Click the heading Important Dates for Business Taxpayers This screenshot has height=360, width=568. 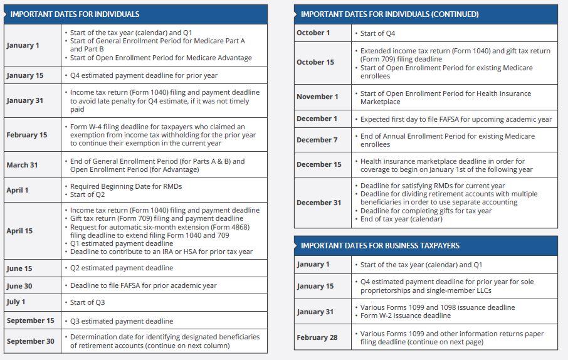click(380, 245)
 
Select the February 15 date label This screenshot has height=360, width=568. click(27, 135)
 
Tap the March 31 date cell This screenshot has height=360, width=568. click(23, 165)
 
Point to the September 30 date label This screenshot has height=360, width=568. click(31, 341)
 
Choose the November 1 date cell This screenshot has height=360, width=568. click(317, 97)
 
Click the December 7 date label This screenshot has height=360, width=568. click(317, 140)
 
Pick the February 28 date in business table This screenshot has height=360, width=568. click(317, 337)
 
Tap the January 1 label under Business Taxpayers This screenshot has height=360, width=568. click(313, 264)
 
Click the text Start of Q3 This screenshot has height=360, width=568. click(87, 302)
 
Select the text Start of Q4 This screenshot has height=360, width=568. click(377, 33)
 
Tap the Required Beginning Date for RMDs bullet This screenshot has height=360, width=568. click(125, 186)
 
